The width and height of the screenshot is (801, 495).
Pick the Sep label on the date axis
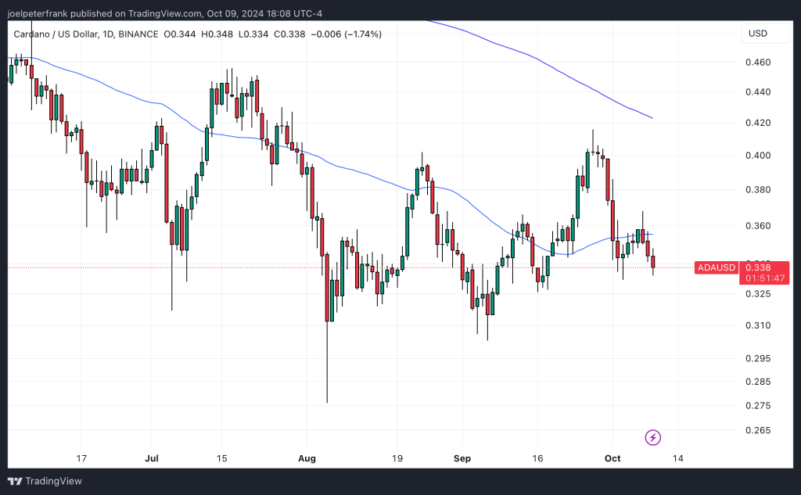point(462,458)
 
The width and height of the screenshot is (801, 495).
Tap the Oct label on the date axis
point(612,458)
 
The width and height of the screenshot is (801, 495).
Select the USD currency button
point(758,34)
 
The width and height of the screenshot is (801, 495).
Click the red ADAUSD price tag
point(717,267)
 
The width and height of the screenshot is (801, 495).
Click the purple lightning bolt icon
point(652,437)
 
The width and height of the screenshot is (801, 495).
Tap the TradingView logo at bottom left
point(45,481)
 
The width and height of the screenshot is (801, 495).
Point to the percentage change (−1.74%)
point(361,34)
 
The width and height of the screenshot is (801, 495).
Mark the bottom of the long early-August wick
point(326,402)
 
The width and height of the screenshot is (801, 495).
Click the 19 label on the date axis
point(397,458)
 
